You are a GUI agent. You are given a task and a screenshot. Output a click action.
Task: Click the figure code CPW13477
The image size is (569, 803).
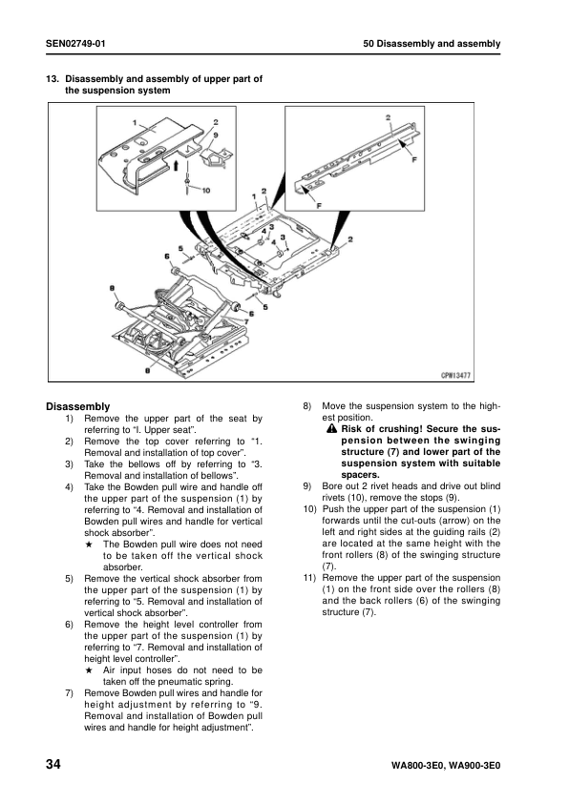(485, 376)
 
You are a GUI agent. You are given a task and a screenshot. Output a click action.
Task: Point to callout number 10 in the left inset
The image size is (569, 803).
(205, 189)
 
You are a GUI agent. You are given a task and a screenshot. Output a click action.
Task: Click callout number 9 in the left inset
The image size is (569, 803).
(216, 135)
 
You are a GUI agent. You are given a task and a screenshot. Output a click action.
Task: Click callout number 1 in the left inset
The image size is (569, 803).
(136, 122)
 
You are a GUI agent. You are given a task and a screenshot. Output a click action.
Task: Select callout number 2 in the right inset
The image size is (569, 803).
(389, 117)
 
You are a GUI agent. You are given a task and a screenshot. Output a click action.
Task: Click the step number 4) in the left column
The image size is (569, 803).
(70, 486)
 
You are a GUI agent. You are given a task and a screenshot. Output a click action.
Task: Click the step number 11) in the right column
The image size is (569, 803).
(308, 578)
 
